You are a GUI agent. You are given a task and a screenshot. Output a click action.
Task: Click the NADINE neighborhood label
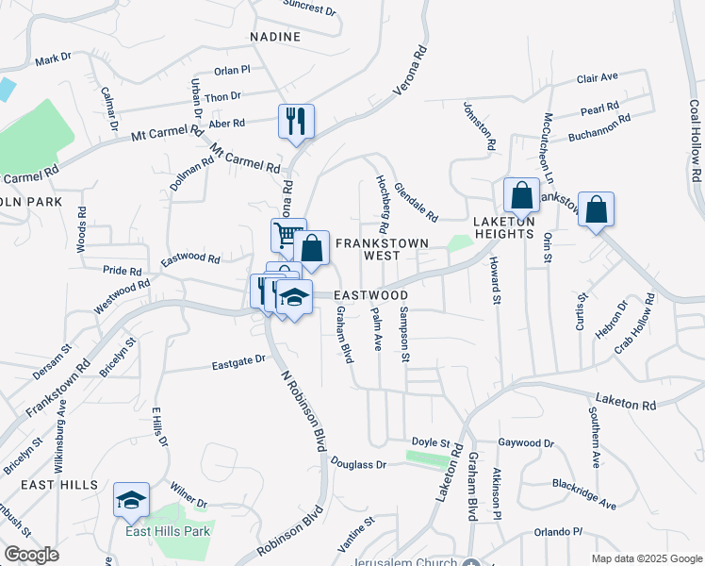point(275,37)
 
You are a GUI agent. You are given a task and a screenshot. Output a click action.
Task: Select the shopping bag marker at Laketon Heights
point(520,196)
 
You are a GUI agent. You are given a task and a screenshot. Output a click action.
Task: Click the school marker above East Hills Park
point(131,501)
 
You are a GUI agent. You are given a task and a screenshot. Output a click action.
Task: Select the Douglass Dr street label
point(359,464)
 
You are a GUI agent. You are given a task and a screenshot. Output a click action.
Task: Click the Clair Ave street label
point(597,77)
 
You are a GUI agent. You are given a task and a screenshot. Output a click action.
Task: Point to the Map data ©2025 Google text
point(646,558)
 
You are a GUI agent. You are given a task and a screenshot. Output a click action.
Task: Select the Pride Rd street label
point(122,270)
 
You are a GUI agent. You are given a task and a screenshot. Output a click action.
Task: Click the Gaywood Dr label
point(526,442)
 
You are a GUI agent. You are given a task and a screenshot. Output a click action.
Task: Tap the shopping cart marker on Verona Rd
point(288,235)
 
